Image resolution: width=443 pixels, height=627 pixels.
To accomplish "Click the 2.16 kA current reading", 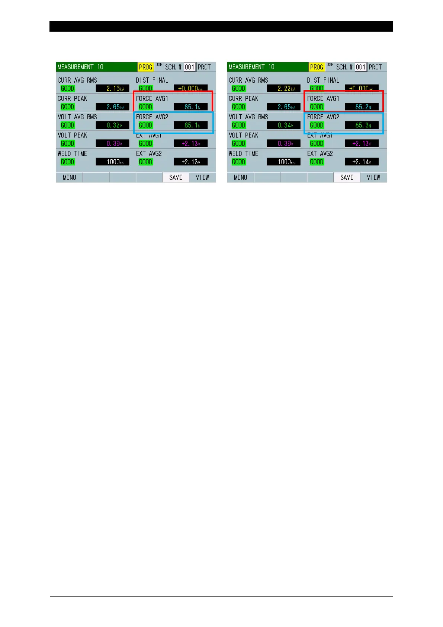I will coord(113,89).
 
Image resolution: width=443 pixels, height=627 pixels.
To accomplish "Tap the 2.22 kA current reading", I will coord(284,89).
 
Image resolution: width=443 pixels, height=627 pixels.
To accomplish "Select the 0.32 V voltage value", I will coord(113,125).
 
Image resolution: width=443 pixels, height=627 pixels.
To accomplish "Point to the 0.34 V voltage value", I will coord(284,125).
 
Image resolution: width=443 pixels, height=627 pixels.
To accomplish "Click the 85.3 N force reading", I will coord(362,125).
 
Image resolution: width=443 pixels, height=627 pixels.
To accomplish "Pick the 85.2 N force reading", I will coord(362,107).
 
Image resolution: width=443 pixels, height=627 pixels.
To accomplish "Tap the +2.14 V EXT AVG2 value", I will coord(362,162).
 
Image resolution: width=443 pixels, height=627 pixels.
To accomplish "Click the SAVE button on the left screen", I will coord(176,178).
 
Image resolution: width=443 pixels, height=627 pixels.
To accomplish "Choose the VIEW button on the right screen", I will coord(373,178).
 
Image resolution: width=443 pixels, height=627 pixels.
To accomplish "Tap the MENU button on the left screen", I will coord(69,178).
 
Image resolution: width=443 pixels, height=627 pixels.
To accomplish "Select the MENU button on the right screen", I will coord(240,178).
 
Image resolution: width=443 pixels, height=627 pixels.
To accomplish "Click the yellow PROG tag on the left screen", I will coord(145,67).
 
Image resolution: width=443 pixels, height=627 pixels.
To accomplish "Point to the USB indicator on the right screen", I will coord(330,65).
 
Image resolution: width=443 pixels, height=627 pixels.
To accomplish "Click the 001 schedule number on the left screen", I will coord(190,67).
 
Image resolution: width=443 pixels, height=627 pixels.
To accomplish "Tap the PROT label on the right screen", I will coord(375,67).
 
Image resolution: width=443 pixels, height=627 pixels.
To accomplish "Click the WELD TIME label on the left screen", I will coord(72,154).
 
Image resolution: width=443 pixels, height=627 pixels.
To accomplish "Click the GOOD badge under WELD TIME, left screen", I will coord(67,162).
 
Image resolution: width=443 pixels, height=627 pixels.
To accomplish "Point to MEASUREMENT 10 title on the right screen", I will coord(251,67).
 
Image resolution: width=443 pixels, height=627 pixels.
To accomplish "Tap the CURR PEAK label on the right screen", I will coord(243,99).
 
